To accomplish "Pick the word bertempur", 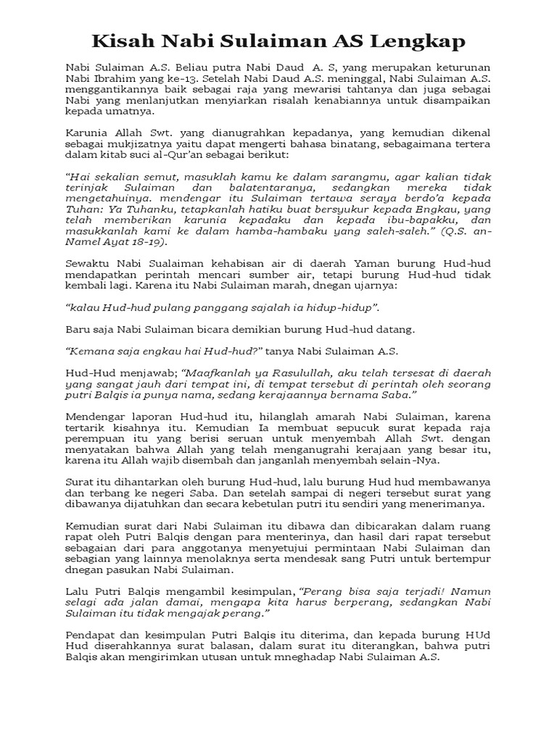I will (463, 559).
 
